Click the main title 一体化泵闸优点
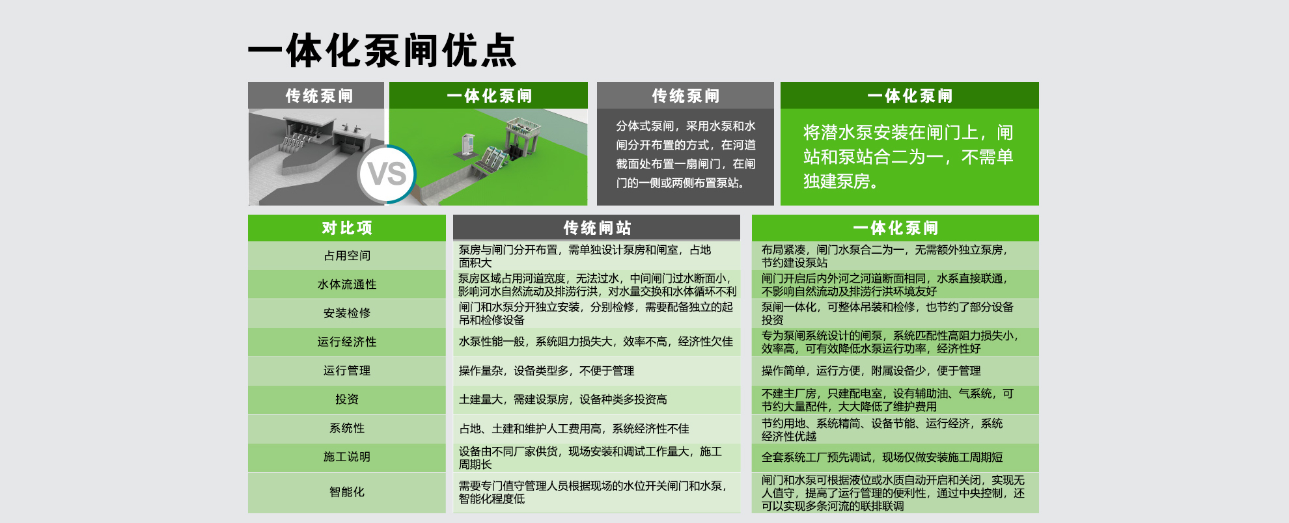[382, 50]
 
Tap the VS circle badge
[387, 174]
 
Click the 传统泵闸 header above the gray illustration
[319, 96]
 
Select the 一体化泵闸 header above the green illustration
[489, 96]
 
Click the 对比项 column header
[347, 228]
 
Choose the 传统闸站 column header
[597, 228]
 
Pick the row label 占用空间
[347, 256]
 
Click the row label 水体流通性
[347, 284]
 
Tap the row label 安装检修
[347, 313]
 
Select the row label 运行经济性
[347, 342]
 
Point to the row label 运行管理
[347, 370]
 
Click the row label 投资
[347, 399]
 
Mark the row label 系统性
[347, 427]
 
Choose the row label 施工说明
[347, 457]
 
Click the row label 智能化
[347, 492]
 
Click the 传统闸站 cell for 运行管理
[546, 371]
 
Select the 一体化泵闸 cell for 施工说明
[882, 457]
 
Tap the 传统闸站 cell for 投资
[563, 399]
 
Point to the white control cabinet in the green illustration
[467, 145]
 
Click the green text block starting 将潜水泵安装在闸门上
[908, 157]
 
